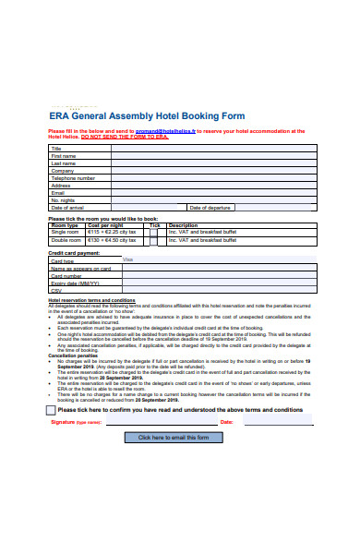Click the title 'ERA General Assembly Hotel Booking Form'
click(147, 116)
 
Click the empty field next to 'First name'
click(215, 155)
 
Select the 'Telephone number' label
click(73, 177)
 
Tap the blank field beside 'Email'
click(215, 192)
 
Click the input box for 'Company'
click(215, 170)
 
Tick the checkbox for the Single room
click(155, 232)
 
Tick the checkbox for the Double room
click(155, 240)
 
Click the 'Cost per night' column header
click(105, 224)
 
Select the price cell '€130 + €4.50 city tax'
click(111, 240)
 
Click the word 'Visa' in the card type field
click(127, 259)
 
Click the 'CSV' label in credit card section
click(56, 290)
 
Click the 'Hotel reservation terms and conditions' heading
click(91, 300)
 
